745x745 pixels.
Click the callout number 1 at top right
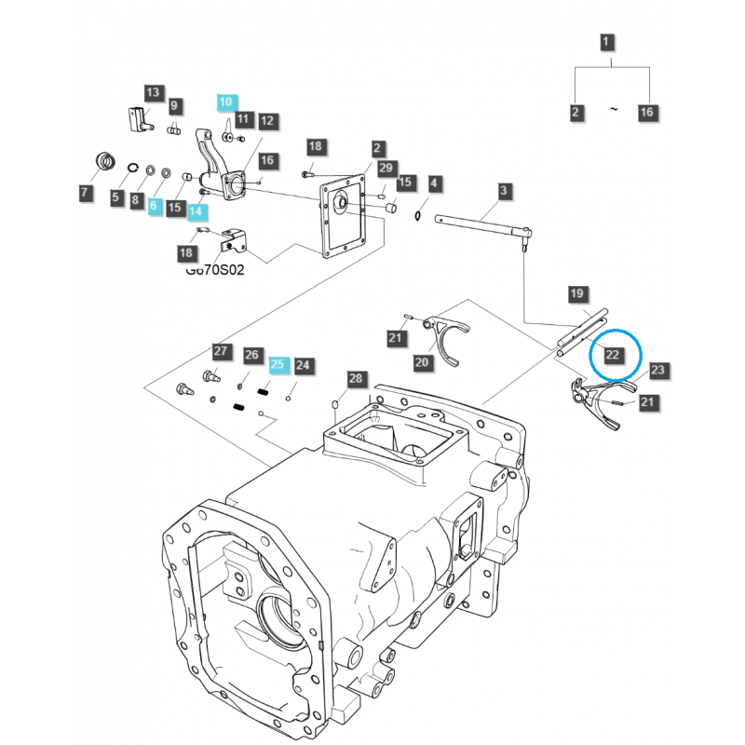tap(606, 42)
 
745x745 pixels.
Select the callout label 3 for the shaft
tap(504, 191)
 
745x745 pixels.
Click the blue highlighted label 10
tap(227, 102)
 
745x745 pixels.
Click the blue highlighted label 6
tap(155, 206)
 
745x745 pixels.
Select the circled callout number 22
tap(613, 354)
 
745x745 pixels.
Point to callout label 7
tap(86, 194)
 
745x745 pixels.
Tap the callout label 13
tap(153, 91)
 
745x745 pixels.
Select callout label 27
tap(221, 351)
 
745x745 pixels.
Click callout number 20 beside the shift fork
tap(422, 361)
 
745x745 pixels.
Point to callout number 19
tap(577, 294)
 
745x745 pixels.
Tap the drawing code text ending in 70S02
tap(215, 271)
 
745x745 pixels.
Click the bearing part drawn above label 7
tap(105, 162)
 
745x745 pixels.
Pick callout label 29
tap(386, 167)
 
